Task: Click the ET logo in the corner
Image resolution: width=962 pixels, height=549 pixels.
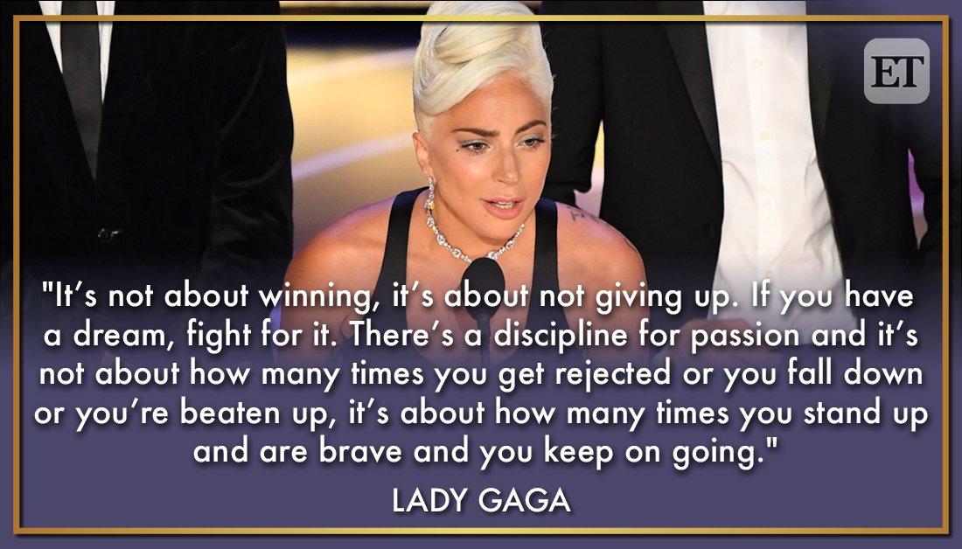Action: (x=896, y=71)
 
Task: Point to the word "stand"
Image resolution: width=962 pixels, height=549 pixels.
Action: (x=839, y=414)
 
